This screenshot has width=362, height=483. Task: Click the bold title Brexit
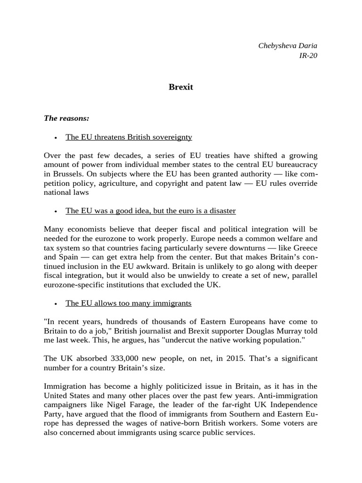pos(181,87)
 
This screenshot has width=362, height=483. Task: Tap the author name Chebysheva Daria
pos(288,46)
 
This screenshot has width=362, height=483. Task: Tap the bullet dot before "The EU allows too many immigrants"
pos(56,303)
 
